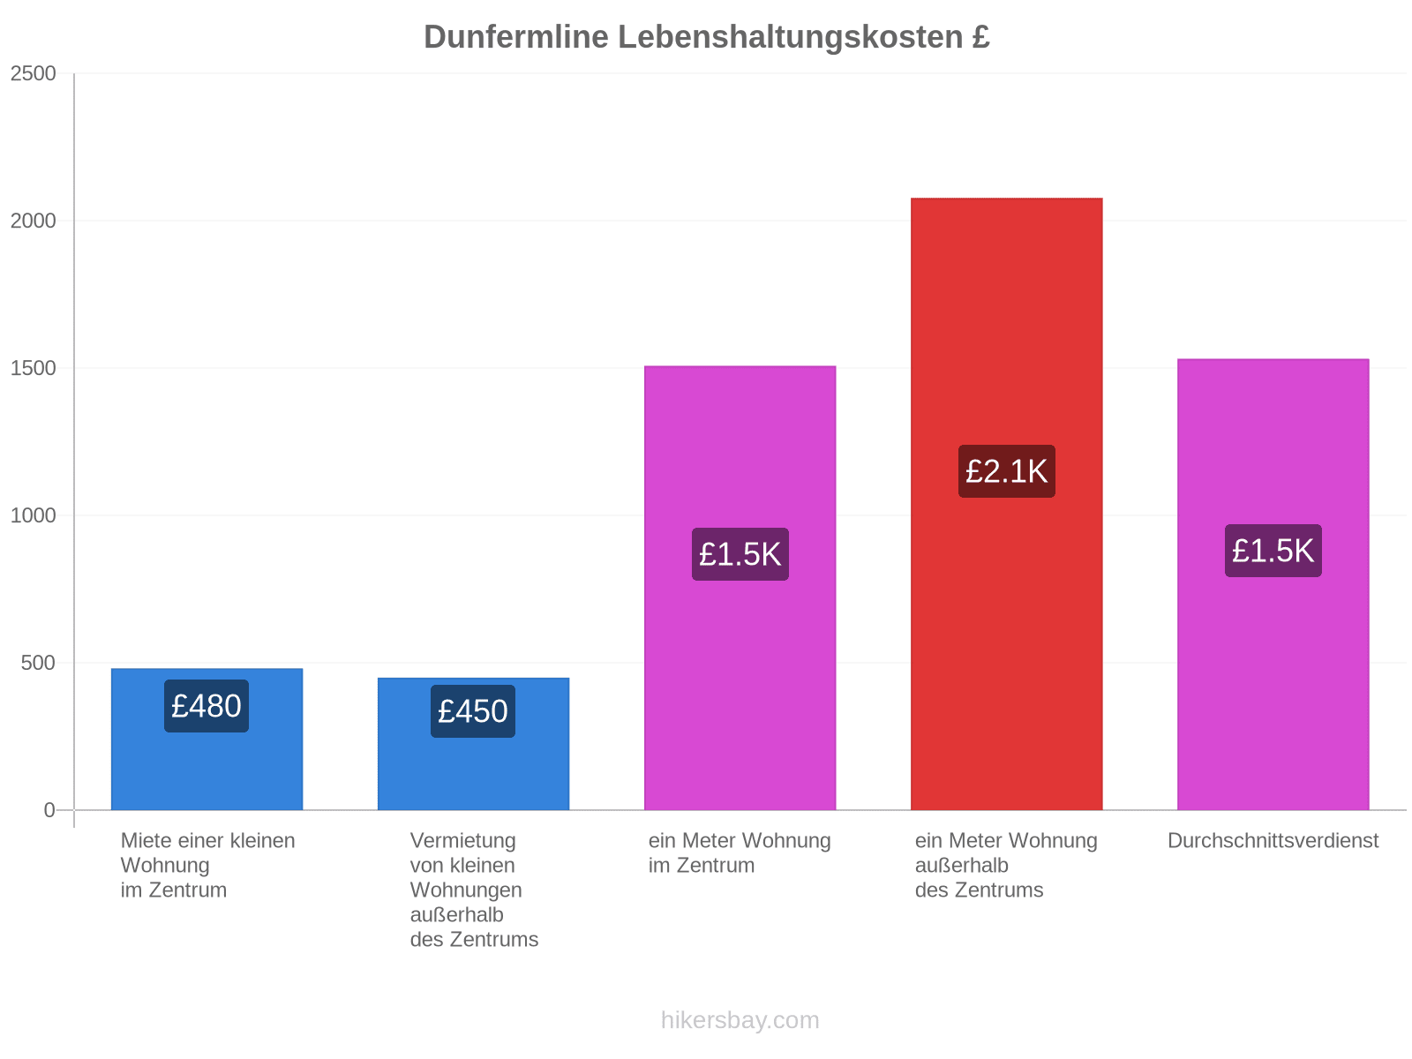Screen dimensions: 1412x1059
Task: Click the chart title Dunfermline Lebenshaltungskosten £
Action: click(706, 37)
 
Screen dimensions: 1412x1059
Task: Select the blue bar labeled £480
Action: click(207, 739)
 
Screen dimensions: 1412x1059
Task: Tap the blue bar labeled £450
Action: click(473, 743)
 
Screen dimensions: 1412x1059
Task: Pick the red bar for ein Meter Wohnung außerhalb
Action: click(1006, 503)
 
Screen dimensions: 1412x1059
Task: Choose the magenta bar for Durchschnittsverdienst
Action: click(1273, 584)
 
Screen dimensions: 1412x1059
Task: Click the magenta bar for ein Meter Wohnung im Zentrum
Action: click(740, 588)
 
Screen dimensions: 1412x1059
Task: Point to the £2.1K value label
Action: click(1006, 470)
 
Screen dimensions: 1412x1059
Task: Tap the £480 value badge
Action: click(206, 705)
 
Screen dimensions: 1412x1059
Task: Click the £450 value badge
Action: click(473, 710)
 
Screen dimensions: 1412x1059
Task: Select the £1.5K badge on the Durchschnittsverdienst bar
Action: click(1273, 550)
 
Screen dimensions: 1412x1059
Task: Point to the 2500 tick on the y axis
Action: click(33, 73)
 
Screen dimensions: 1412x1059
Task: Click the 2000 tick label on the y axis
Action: click(33, 221)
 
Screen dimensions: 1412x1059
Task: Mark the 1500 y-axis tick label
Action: click(33, 368)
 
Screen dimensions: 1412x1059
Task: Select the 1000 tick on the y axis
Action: click(33, 515)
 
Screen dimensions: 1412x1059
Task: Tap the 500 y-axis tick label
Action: click(38, 662)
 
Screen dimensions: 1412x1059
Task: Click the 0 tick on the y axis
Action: click(49, 809)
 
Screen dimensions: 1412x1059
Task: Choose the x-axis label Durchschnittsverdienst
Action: click(1273, 840)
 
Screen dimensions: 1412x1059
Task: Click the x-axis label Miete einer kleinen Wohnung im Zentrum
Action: click(207, 865)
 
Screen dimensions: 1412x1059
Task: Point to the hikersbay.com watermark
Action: click(740, 1020)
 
